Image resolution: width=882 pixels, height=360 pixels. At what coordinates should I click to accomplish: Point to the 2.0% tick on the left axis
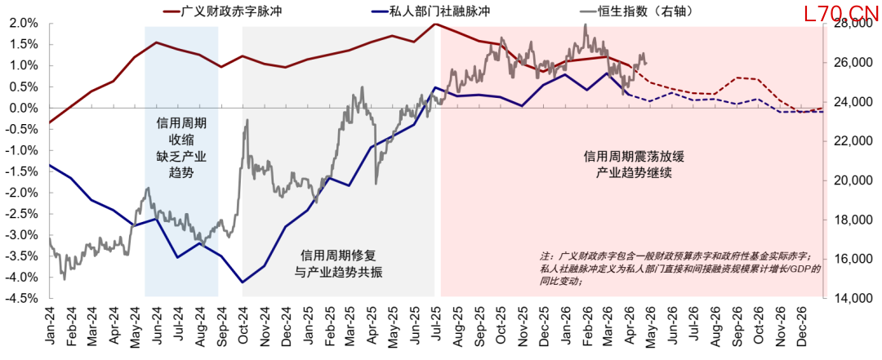click(22, 24)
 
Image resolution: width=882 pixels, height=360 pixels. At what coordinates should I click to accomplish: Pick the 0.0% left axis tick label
click(22, 109)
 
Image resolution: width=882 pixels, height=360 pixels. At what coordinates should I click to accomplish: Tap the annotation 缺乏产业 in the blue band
click(181, 156)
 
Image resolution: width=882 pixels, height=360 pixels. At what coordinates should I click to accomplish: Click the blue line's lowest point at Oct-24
click(243, 282)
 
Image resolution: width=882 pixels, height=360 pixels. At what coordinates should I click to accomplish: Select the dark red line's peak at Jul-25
click(435, 24)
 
